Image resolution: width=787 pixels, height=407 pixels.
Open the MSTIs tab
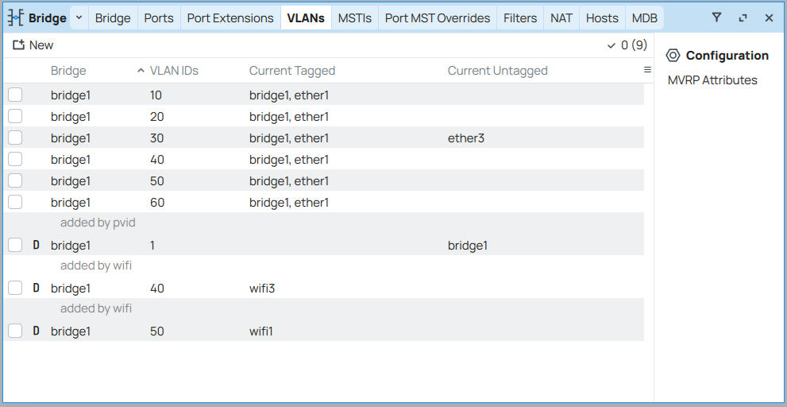[354, 18]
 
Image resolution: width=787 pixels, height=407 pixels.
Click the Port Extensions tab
[230, 18]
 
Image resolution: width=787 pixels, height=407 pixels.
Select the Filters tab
[520, 18]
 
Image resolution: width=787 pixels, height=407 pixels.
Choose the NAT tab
[561, 18]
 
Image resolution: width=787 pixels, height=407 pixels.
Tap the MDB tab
[645, 18]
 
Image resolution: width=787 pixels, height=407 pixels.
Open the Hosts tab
[602, 18]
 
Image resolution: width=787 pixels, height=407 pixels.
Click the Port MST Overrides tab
[437, 18]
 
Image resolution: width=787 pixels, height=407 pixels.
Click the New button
[33, 45]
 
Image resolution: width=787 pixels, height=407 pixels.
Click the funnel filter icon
[717, 17]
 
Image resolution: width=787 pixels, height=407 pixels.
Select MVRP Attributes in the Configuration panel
[712, 80]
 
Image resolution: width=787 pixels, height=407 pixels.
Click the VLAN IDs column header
[174, 71]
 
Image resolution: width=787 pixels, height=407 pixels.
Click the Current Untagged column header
[497, 71]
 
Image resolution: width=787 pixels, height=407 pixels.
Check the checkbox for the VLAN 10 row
[15, 95]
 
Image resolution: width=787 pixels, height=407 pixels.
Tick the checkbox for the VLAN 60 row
[15, 202]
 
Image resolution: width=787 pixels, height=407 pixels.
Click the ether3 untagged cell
[466, 138]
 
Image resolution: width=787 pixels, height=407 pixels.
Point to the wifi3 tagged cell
[262, 289]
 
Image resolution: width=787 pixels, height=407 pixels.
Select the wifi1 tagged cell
[261, 331]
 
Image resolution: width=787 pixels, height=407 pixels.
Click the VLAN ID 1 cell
[152, 246]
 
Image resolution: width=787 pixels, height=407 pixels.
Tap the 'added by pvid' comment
[98, 222]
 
